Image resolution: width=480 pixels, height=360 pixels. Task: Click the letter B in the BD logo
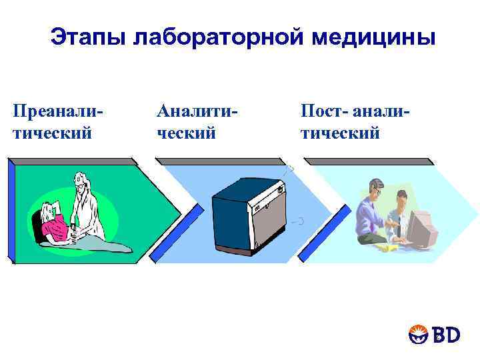(x=436, y=335)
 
